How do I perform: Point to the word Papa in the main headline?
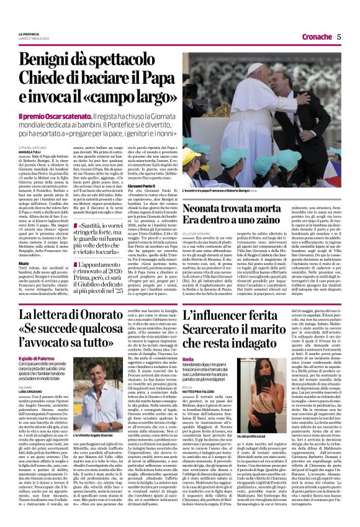click(142, 80)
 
